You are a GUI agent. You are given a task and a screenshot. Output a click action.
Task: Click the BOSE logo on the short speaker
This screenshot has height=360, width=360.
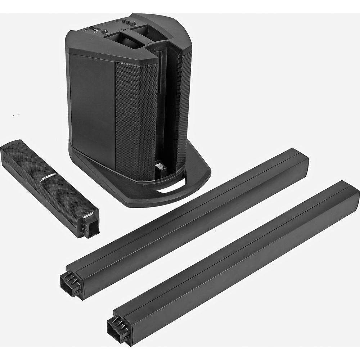tap(49, 178)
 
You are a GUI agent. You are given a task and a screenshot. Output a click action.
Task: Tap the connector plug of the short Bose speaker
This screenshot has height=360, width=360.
tap(88, 226)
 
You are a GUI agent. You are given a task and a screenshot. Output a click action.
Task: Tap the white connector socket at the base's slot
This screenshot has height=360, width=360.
tap(159, 167)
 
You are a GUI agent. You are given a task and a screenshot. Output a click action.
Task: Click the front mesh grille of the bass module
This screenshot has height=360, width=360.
tap(135, 115)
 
